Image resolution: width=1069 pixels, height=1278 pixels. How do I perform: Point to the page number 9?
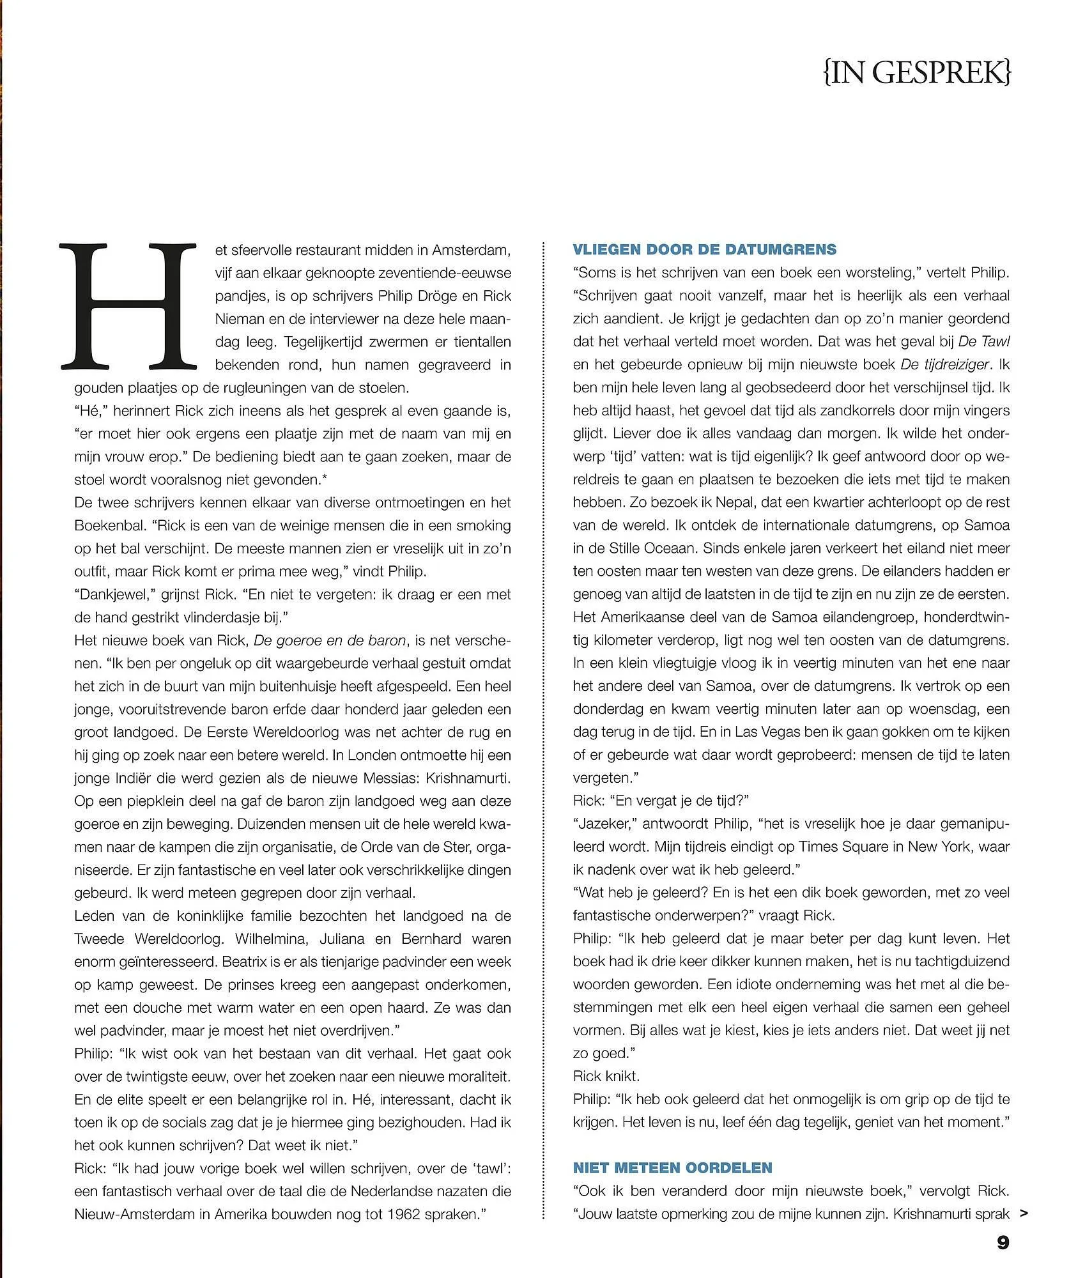tap(1003, 1243)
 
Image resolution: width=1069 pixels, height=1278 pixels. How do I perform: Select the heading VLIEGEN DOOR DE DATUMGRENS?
tap(705, 249)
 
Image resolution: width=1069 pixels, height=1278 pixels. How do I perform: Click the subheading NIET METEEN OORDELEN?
tap(673, 1167)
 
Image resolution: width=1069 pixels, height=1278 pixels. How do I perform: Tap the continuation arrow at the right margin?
tap(1024, 1213)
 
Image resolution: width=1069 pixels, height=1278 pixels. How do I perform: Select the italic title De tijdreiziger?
tap(944, 365)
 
